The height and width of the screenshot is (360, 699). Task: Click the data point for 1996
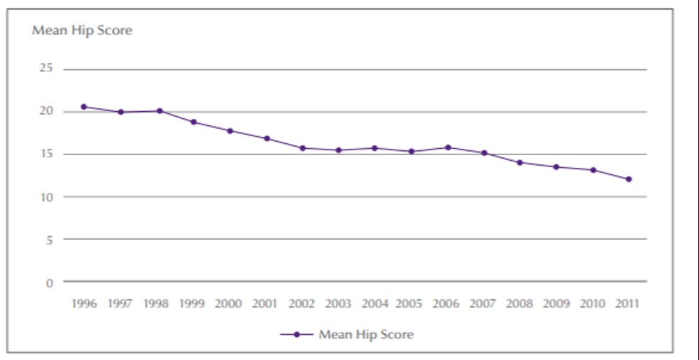tap(84, 107)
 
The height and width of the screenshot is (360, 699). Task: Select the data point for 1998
tap(159, 111)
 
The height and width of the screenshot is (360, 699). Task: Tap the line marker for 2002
tap(303, 148)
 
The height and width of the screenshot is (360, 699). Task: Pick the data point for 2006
tap(447, 147)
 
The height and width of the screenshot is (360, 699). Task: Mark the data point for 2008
tap(519, 163)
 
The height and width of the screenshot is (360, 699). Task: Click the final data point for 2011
tap(628, 180)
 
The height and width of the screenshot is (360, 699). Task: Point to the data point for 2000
tap(229, 131)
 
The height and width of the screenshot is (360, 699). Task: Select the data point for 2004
tap(375, 148)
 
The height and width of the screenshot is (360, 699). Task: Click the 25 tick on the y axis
tap(46, 69)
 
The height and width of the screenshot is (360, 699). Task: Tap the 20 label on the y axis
tap(46, 111)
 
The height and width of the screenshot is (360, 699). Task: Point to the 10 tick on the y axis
tap(46, 196)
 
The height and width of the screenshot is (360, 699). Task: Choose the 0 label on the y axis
tap(49, 282)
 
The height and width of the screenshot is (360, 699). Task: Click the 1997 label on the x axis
tap(120, 304)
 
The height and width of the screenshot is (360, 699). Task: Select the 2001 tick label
tap(266, 304)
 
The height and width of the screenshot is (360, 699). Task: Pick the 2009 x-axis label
tap(556, 304)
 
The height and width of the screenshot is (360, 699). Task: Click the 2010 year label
tap(593, 304)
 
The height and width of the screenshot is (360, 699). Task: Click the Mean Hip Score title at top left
tap(82, 31)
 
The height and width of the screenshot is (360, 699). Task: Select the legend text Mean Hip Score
tap(366, 335)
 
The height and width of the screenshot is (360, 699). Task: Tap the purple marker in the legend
tap(296, 335)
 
